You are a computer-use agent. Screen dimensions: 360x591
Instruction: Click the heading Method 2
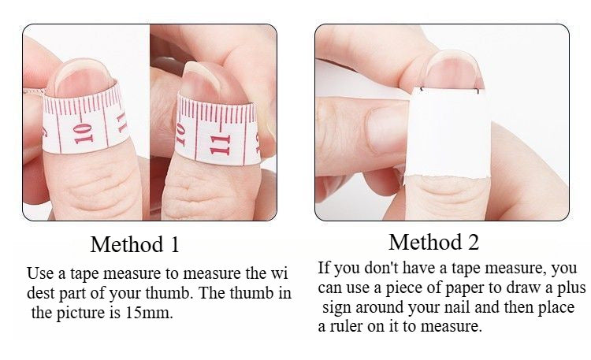coord(433,241)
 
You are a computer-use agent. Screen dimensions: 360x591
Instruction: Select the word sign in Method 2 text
coord(337,307)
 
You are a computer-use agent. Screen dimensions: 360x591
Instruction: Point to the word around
coord(383,307)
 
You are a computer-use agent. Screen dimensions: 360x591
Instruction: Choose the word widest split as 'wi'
coord(280,274)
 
